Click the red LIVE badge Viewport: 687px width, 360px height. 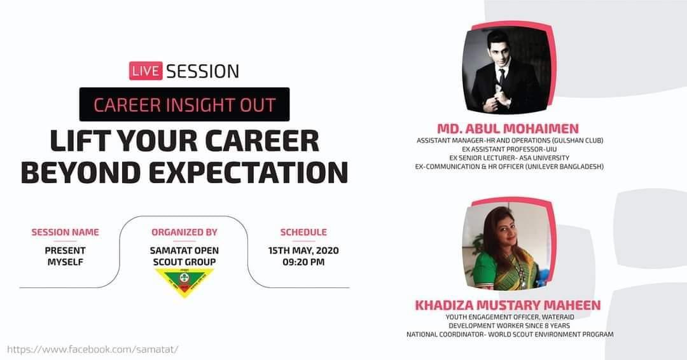146,70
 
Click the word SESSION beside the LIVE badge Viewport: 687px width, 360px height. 203,71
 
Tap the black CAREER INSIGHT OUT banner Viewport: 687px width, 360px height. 184,104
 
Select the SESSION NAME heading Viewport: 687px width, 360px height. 65,232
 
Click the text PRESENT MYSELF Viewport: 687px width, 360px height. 65,256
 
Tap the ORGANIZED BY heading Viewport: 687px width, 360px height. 184,232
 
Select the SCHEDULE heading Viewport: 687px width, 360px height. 303,232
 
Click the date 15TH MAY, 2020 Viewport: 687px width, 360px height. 303,251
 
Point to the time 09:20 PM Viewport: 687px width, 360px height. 303,262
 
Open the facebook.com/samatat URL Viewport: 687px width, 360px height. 93,349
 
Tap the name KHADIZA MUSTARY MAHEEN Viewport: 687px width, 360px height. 508,305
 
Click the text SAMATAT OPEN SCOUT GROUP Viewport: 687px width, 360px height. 184,256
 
